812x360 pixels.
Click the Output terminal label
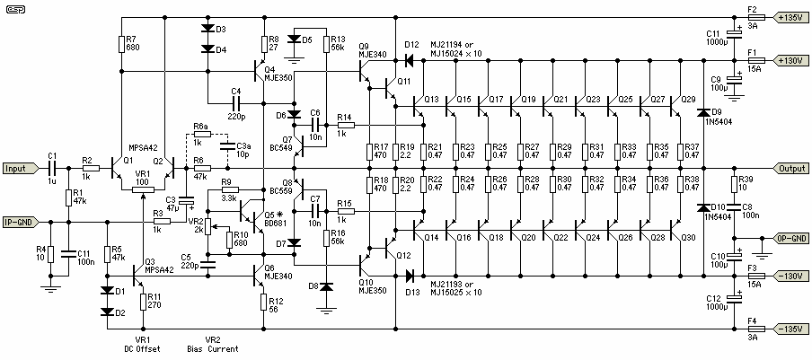791,168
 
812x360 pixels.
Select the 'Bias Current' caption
213,348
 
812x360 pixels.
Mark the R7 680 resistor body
121,43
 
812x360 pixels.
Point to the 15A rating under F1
752,66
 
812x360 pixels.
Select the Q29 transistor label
688,99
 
